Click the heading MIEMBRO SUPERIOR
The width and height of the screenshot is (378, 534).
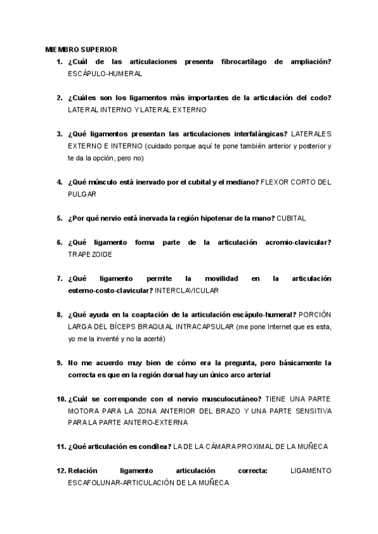tap(81, 49)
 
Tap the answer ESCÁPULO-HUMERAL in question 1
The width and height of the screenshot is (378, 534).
tap(105, 74)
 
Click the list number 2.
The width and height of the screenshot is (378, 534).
tap(59, 98)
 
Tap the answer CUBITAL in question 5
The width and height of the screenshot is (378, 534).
tap(291, 218)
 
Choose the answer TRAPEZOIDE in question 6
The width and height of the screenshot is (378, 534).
tap(93, 254)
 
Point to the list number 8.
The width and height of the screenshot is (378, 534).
tap(59, 314)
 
